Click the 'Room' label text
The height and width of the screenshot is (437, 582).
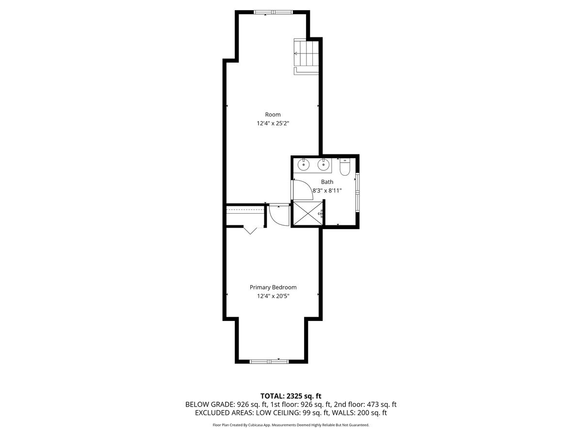pos(273,115)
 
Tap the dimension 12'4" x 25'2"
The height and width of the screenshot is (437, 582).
pos(273,123)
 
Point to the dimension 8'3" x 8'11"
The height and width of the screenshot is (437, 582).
pos(327,191)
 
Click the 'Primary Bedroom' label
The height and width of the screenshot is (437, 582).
pos(273,287)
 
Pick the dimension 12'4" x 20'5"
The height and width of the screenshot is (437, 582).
pos(273,296)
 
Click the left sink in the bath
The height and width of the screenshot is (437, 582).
pos(304,165)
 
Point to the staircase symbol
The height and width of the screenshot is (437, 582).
pos(306,53)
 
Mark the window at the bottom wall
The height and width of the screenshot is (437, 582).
pos(269,361)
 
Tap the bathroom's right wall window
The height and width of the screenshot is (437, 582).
pos(357,192)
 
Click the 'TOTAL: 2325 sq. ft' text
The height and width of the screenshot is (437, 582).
pos(291,396)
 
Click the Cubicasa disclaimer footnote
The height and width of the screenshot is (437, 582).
pos(291,425)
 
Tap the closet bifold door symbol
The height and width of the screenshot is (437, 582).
pos(251,231)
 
